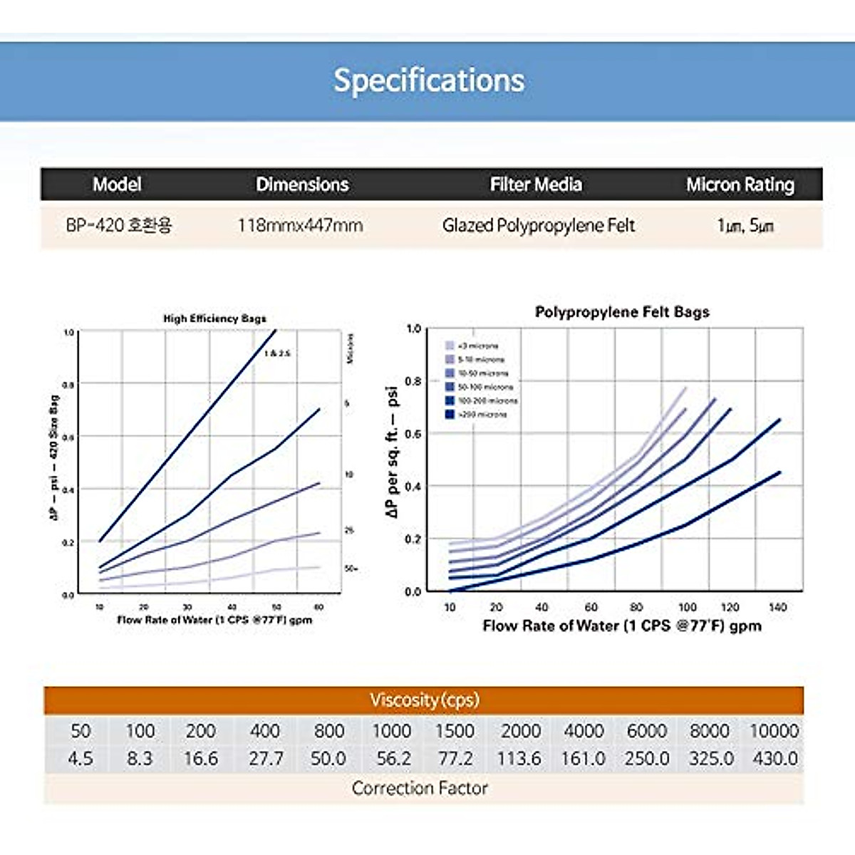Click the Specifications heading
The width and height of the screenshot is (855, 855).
[x=429, y=80]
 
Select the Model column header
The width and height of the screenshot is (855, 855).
[x=117, y=185]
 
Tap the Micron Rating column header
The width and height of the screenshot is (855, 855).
[x=740, y=185]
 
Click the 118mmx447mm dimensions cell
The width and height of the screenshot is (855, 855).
[x=300, y=226]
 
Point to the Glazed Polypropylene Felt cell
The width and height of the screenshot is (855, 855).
[x=538, y=226]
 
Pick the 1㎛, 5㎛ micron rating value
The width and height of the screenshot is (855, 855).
[x=745, y=226]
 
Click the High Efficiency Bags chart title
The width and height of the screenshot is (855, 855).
[x=214, y=318]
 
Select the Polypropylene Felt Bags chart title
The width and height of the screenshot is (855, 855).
[x=622, y=312]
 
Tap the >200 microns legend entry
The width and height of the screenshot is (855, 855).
[x=477, y=414]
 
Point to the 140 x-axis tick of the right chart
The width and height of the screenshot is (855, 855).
[x=777, y=607]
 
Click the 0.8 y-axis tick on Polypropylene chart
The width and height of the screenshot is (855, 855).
[x=413, y=381]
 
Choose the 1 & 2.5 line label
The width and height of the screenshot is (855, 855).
[x=277, y=353]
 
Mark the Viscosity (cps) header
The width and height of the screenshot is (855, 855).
[x=424, y=700]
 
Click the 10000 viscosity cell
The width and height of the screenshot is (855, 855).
[x=774, y=731]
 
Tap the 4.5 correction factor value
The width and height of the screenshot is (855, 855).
[x=80, y=759]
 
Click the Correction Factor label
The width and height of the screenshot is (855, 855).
[x=420, y=788]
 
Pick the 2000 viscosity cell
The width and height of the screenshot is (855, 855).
[x=520, y=731]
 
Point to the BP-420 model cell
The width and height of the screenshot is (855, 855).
[x=118, y=226]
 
